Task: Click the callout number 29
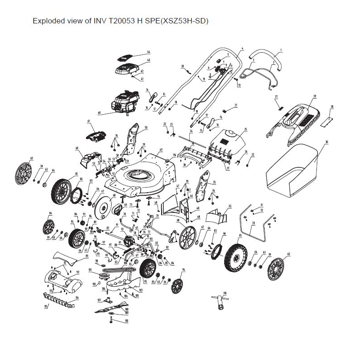click(315, 96)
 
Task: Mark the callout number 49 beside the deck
click(161, 149)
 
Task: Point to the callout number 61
click(89, 121)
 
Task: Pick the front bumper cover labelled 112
click(65, 279)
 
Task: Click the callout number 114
click(77, 297)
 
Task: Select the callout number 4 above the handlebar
click(242, 48)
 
